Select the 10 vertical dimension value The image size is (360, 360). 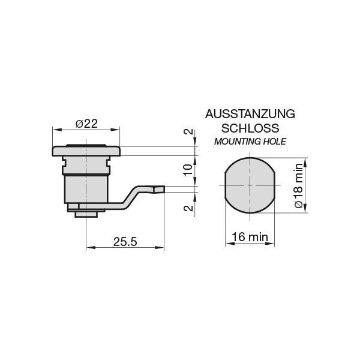point(188,170)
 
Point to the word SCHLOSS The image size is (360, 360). point(250,128)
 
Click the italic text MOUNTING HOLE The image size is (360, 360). point(250,142)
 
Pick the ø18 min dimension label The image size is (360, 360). point(298,186)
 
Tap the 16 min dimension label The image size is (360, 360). point(250,237)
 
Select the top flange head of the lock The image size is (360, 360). point(86,150)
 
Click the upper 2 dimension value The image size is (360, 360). point(188,133)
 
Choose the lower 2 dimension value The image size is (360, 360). point(188,208)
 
